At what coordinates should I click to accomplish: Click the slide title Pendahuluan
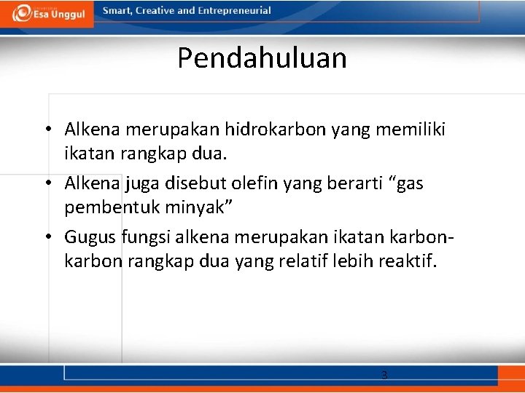pyautogui.click(x=262, y=58)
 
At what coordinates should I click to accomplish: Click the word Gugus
pyautogui.click(x=88, y=237)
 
